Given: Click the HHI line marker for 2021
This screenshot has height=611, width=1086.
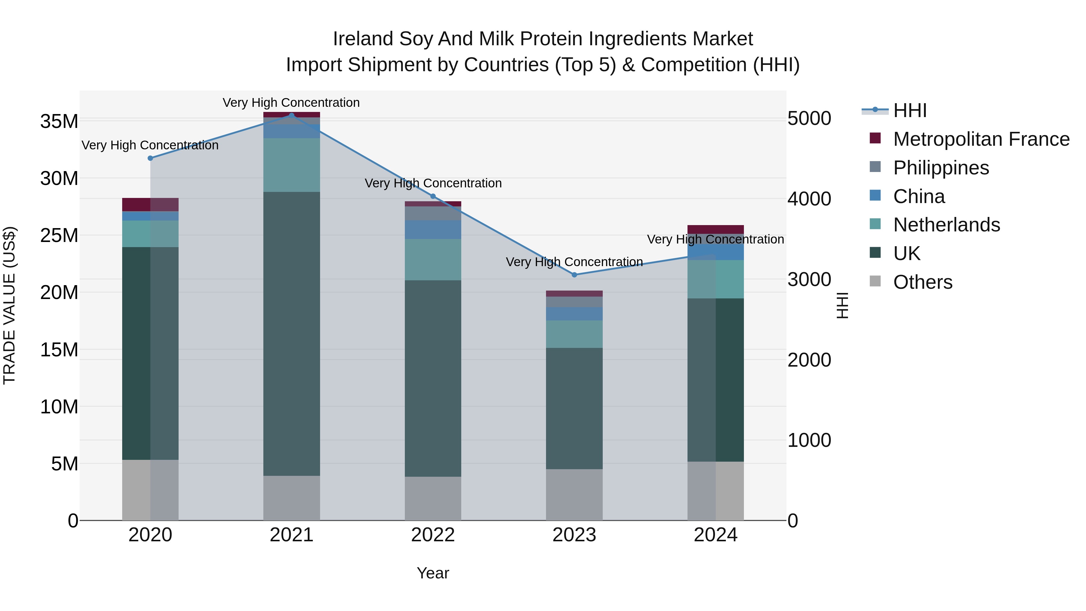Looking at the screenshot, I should pos(291,115).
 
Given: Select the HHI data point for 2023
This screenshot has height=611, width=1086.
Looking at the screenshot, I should pos(574,275).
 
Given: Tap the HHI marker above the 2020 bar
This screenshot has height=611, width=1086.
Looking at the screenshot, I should pos(150,158).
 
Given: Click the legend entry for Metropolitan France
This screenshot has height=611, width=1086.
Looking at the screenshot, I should pos(981,139).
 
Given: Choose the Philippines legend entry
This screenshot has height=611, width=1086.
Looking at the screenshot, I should pos(941,167).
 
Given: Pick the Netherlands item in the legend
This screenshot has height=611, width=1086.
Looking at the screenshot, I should pos(946,225).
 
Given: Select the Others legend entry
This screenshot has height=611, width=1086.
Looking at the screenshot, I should pos(922,282).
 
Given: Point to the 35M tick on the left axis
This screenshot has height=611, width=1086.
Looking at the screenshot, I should pos(59,121).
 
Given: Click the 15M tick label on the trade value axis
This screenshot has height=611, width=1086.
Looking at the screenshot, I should pos(59,350).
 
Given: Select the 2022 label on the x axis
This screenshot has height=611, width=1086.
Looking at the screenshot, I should pos(433,535).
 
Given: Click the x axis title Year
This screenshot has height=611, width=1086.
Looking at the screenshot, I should pos(433,573).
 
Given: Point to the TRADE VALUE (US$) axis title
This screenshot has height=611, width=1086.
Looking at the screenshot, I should pos(10,305).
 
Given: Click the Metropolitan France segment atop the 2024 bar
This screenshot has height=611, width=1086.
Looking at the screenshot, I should pos(716,229).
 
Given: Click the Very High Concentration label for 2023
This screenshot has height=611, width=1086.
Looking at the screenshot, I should pos(574,262).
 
